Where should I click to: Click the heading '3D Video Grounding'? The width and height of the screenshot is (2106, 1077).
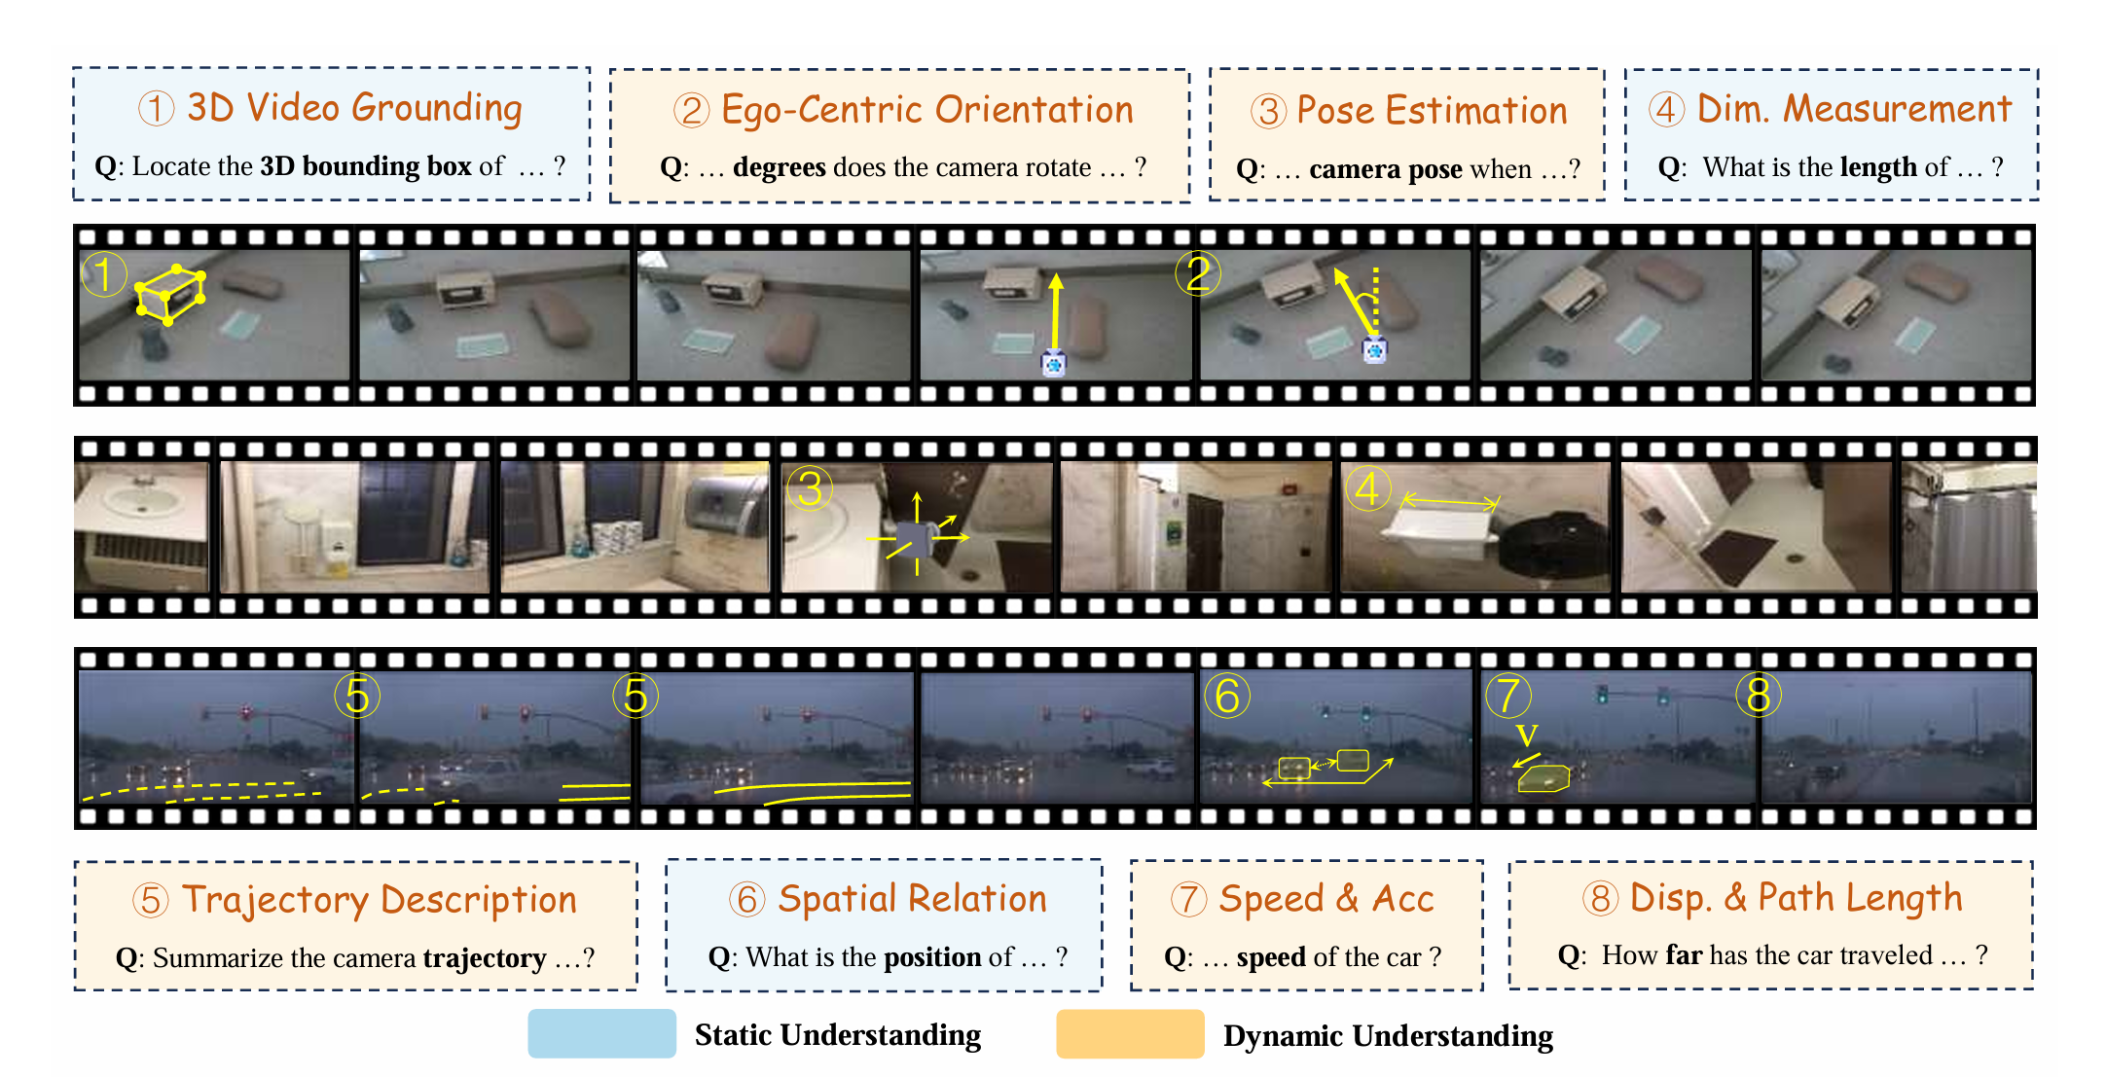(x=354, y=108)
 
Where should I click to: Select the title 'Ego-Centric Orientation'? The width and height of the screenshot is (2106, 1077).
(x=927, y=110)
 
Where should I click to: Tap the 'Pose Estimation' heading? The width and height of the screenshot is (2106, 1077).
(x=1432, y=111)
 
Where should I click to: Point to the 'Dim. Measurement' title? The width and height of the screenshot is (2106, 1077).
(x=1854, y=108)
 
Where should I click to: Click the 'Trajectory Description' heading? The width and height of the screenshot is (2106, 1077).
(x=380, y=900)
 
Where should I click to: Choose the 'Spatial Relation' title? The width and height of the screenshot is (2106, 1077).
(x=912, y=899)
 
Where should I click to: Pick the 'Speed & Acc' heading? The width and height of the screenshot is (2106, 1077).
(x=1326, y=899)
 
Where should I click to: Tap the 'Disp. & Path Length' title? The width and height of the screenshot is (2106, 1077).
(x=1796, y=898)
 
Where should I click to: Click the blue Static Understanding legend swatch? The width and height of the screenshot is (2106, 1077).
(x=601, y=1033)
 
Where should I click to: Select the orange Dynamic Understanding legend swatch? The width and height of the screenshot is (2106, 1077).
(x=1130, y=1033)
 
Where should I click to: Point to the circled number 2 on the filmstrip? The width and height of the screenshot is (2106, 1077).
(x=1197, y=273)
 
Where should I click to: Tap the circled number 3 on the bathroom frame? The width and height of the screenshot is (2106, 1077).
(x=810, y=488)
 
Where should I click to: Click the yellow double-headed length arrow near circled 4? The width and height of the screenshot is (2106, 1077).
(x=1450, y=501)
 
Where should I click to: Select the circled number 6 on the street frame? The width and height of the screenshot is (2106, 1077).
(x=1227, y=696)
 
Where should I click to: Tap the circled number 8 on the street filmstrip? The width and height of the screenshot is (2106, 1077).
(x=1759, y=695)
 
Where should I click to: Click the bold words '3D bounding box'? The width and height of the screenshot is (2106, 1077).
(x=366, y=166)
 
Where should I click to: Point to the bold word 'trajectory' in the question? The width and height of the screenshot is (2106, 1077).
(x=485, y=959)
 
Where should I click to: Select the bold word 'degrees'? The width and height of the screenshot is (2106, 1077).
(x=780, y=168)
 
